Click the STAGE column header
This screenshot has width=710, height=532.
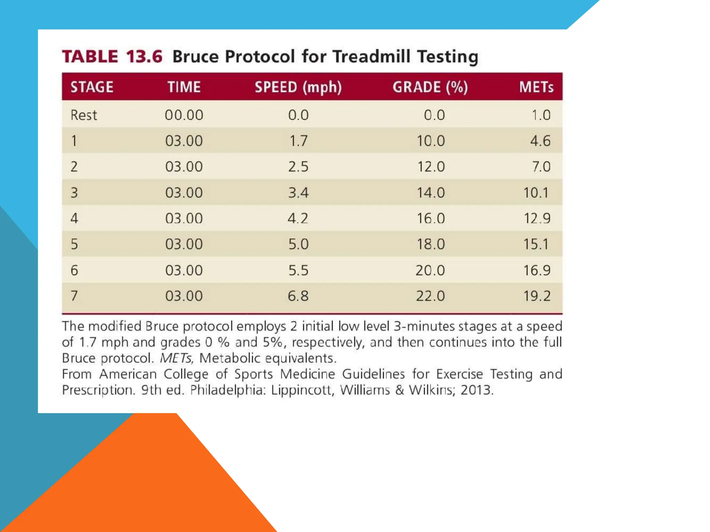click(92, 87)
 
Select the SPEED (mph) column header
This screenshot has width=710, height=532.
click(298, 87)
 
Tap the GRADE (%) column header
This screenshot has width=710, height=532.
click(430, 87)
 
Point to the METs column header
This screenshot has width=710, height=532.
click(536, 87)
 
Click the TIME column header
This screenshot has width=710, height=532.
click(184, 87)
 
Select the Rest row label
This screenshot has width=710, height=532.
click(84, 115)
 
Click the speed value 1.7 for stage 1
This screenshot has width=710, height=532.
click(298, 141)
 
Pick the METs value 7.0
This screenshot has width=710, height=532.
click(541, 167)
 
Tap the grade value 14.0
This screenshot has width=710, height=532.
click(431, 193)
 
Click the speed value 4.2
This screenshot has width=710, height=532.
click(298, 219)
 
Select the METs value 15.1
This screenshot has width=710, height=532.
click(536, 244)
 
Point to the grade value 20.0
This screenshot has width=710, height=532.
click(430, 270)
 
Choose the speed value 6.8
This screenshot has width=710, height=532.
click(298, 296)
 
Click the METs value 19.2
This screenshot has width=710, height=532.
click(537, 296)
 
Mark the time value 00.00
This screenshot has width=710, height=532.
click(184, 115)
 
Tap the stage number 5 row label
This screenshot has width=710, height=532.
click(74, 244)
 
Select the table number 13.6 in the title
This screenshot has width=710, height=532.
click(144, 56)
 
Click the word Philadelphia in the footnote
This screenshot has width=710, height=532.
click(228, 390)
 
